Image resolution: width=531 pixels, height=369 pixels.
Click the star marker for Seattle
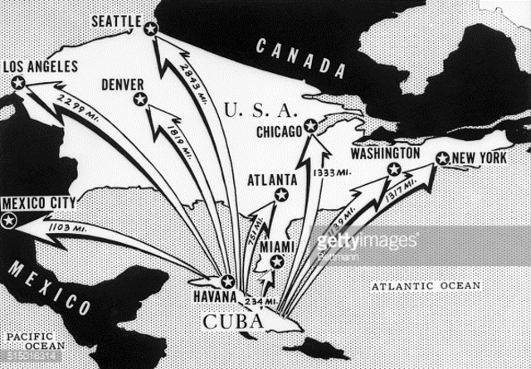click(150, 28)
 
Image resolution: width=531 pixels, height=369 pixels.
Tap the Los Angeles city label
click(41, 67)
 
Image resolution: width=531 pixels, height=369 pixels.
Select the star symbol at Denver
click(140, 100)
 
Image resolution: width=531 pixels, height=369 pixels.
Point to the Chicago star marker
click(310, 126)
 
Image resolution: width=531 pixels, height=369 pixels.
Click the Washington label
click(385, 154)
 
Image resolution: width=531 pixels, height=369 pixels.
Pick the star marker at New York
click(442, 158)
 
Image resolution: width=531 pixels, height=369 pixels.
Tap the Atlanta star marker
click(281, 195)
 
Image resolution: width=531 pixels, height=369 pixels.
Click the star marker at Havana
click(227, 281)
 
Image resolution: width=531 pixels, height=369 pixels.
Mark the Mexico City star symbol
click(9, 221)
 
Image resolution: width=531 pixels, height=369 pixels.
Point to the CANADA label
click(300, 58)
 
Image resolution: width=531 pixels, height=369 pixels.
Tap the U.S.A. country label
click(260, 109)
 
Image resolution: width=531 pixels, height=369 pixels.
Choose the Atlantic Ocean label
click(425, 286)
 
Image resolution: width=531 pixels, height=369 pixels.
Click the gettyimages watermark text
click(367, 241)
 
